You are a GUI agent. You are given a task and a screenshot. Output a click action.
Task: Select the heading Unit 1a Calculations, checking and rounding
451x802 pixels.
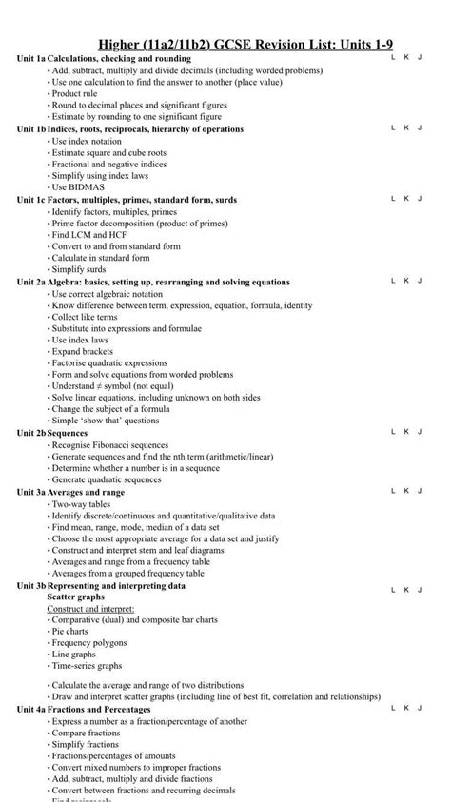(104, 58)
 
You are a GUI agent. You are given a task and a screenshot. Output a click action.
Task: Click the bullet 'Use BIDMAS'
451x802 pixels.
(78, 187)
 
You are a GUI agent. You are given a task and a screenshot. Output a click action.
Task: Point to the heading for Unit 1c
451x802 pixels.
(127, 200)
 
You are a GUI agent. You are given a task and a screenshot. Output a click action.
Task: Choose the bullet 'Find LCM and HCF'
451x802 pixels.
(91, 234)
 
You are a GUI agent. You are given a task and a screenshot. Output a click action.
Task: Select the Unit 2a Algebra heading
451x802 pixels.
(153, 282)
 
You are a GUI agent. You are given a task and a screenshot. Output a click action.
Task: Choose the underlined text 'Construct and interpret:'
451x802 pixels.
(90, 608)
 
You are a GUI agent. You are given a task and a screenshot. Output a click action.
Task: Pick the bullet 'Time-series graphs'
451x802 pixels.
(87, 666)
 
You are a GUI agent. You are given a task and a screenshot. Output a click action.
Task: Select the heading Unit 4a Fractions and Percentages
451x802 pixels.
(84, 709)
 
